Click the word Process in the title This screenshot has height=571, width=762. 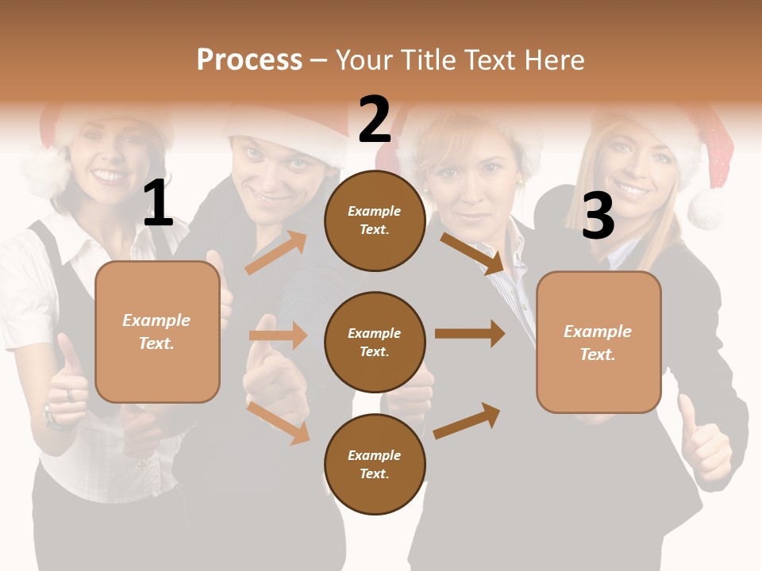[x=249, y=60]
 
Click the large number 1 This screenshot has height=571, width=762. [x=158, y=204]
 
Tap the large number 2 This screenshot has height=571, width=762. [x=375, y=120]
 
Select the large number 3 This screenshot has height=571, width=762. [x=598, y=216]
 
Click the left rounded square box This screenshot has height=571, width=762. [x=157, y=331]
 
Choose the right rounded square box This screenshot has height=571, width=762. [x=598, y=342]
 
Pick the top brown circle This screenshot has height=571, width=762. [x=375, y=220]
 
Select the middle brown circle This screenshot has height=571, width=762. [x=375, y=342]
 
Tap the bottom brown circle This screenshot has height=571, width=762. [x=375, y=464]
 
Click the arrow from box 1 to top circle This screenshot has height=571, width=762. [x=275, y=253]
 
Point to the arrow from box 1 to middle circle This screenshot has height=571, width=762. [x=278, y=335]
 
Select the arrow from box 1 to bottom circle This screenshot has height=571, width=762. [x=278, y=423]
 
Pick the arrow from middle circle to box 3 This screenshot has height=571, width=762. [x=470, y=334]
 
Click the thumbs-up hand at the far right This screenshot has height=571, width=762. [x=703, y=444]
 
